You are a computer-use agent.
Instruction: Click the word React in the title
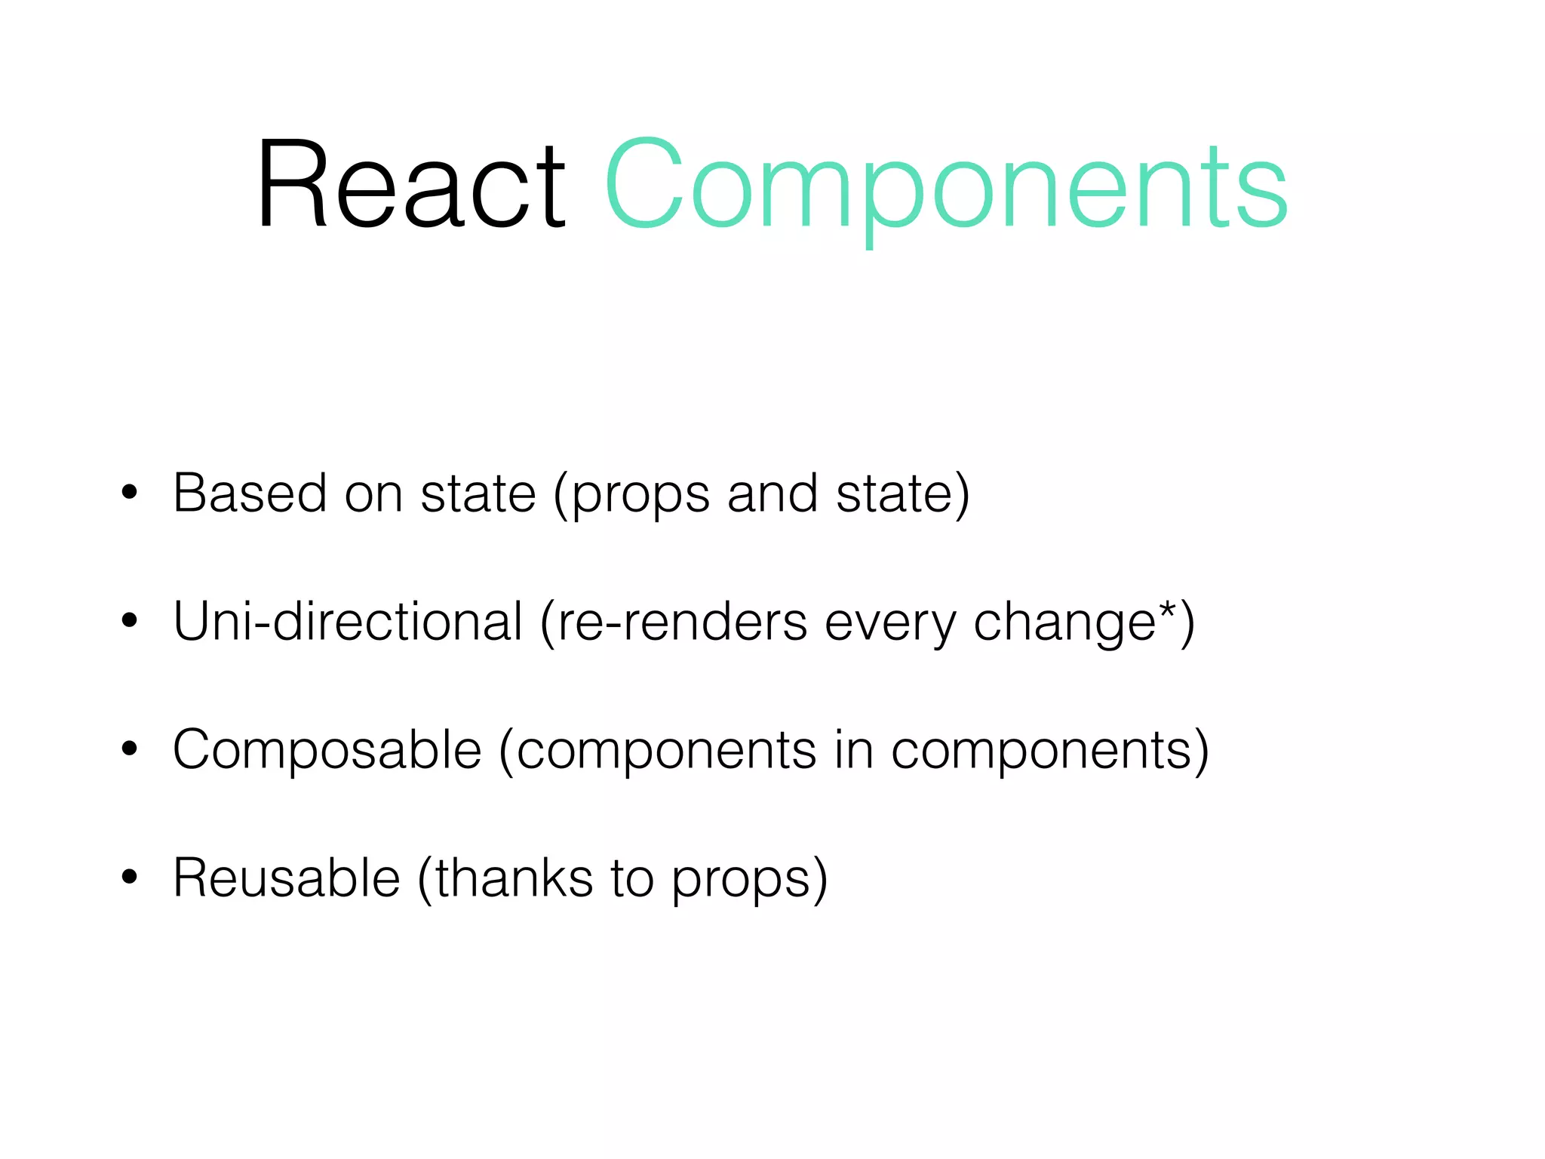tap(411, 185)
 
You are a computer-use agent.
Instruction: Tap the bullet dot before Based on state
tap(130, 493)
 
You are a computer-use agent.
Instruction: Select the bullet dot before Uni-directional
tap(130, 621)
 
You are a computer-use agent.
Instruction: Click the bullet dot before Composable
tap(130, 749)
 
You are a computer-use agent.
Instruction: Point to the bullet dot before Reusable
tap(130, 878)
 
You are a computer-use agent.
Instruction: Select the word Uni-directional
tap(348, 622)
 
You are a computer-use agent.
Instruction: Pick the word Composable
tap(327, 750)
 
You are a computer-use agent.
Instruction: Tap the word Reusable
tap(286, 878)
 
